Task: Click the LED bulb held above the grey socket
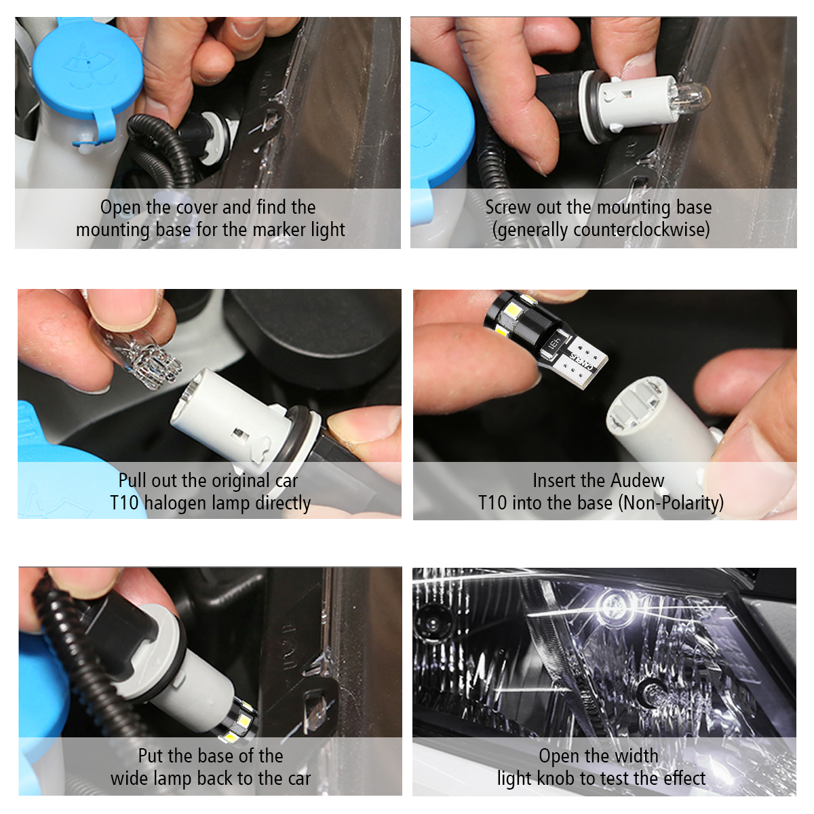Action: coord(545,337)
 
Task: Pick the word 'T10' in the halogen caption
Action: coord(124,503)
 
